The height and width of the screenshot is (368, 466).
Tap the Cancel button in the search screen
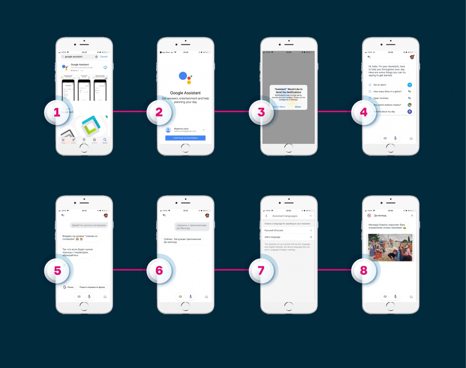tap(103, 57)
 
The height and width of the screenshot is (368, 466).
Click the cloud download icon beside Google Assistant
tap(105, 68)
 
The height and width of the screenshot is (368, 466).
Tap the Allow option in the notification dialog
tap(298, 107)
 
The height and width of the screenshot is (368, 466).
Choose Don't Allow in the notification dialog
tap(279, 107)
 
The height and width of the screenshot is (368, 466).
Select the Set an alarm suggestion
tap(380, 85)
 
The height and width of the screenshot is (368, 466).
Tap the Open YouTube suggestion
tap(381, 98)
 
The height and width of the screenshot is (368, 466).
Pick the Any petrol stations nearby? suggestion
tap(387, 105)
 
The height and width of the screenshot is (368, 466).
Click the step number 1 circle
tap(57, 112)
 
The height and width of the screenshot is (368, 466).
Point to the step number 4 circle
tap(363, 112)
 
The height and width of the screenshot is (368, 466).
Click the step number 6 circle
tap(159, 270)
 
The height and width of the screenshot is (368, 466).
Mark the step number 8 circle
tap(363, 270)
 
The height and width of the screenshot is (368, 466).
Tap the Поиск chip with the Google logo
tap(69, 287)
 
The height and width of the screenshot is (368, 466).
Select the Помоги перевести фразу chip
tap(92, 287)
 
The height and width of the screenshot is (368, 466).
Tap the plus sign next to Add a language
tap(311, 237)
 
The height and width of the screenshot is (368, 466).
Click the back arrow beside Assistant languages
tap(266, 216)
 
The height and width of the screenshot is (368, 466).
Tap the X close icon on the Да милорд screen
tap(412, 216)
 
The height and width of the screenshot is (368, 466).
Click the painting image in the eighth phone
tap(390, 247)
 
